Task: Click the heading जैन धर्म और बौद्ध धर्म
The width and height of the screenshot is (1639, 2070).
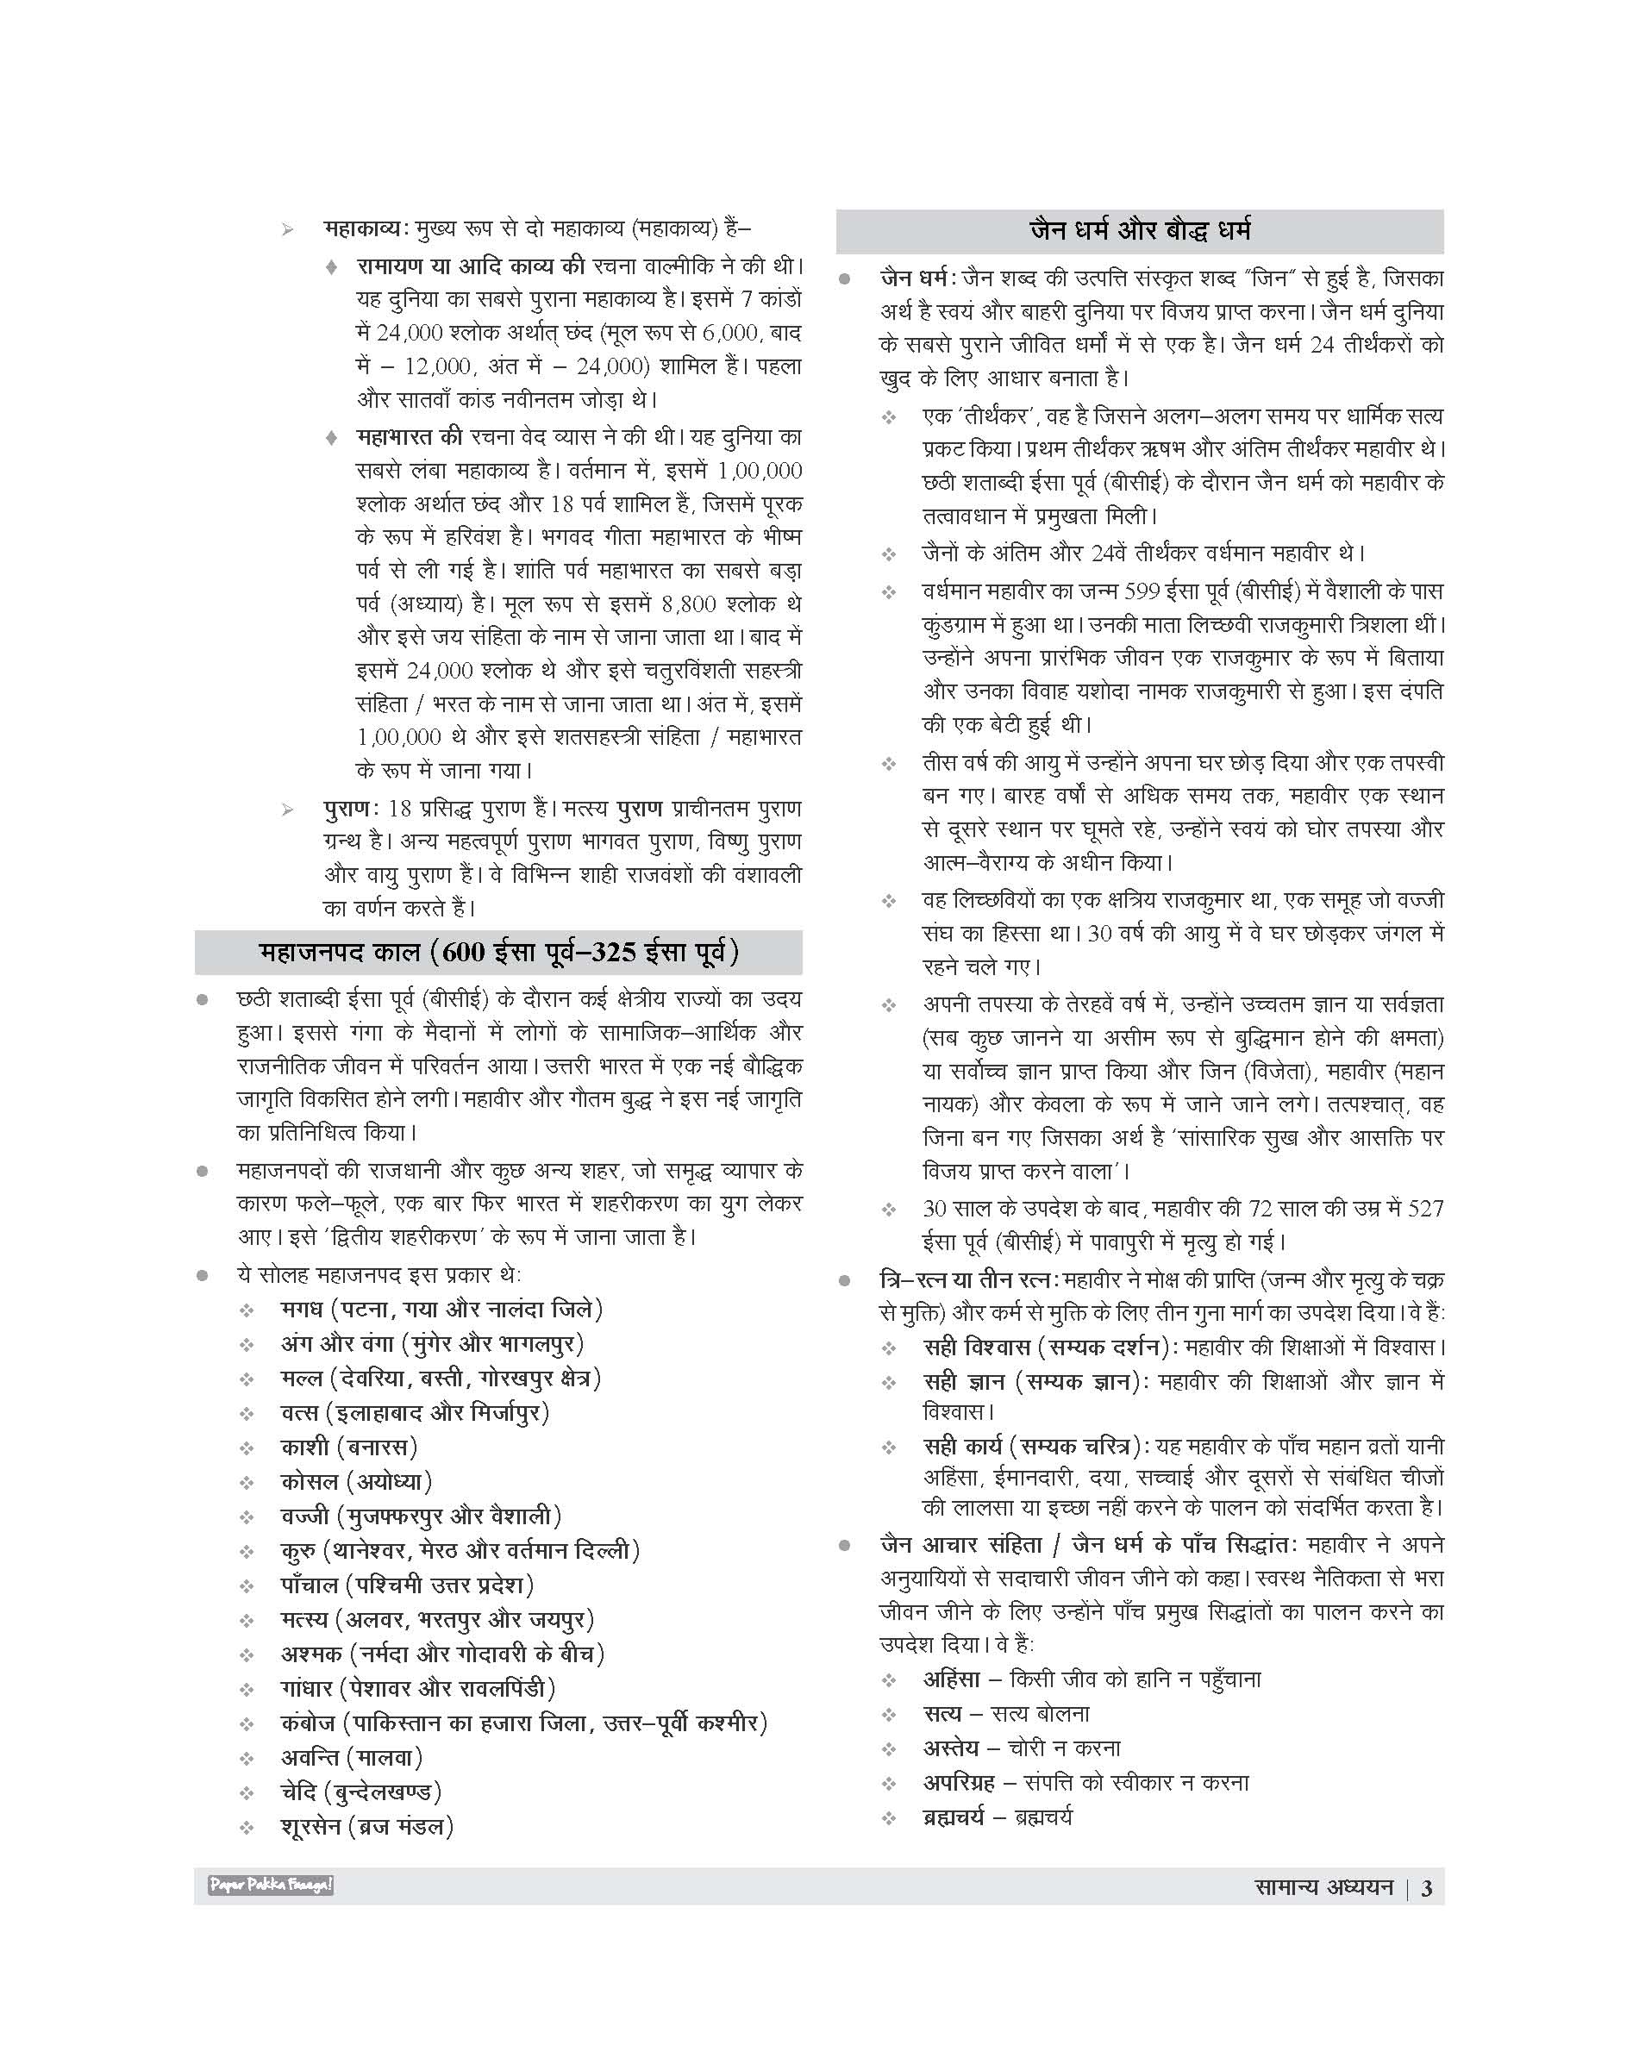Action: coord(1139,231)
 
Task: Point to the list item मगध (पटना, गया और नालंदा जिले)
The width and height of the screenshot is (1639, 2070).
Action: coord(441,1309)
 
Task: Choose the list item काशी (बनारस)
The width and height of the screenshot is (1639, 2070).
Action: coord(349,1448)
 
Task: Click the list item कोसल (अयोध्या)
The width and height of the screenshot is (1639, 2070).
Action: coord(357,1482)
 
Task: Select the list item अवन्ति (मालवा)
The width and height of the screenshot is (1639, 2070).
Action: coord(352,1757)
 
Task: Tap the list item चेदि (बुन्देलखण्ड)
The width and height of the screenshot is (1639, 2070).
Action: coord(360,1792)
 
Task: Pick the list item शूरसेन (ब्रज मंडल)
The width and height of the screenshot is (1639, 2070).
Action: coord(366,1826)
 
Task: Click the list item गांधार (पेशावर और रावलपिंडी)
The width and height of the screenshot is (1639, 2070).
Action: coord(418,1688)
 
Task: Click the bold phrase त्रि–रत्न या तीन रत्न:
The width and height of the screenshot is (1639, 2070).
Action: coord(969,1280)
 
